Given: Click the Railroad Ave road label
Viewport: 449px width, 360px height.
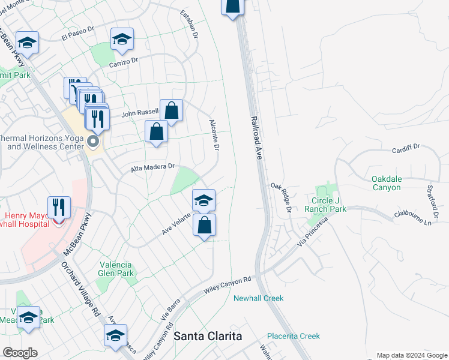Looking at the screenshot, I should (x=256, y=137).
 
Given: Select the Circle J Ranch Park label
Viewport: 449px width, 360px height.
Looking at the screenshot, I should (x=325, y=205).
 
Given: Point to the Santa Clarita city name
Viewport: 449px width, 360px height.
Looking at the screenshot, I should (x=208, y=336).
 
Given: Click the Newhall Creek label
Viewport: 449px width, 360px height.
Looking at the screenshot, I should (x=258, y=298).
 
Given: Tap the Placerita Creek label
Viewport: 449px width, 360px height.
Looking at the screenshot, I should (x=294, y=336).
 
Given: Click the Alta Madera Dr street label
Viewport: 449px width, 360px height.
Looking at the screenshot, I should (x=153, y=168).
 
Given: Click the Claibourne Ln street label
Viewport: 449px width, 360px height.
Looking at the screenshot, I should (x=413, y=218).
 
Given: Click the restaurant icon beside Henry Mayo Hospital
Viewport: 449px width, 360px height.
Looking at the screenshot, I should (x=59, y=208).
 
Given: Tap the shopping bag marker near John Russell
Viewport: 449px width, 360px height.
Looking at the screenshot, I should (x=171, y=110).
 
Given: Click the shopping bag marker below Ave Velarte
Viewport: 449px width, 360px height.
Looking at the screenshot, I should (x=205, y=226).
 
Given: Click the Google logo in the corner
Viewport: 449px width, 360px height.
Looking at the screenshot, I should (x=20, y=353).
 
